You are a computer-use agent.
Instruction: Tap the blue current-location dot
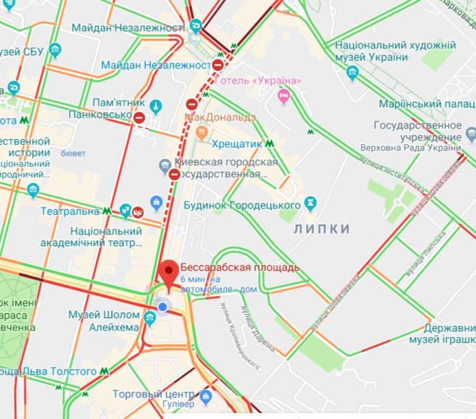coord(162,306)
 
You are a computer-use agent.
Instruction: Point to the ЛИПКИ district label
coord(321,229)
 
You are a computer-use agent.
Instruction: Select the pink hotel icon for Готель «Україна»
coord(284,97)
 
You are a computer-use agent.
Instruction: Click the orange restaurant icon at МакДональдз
coord(199,132)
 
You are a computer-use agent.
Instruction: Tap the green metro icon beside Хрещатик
coord(268,143)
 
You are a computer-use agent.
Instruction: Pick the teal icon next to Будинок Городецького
coord(310,201)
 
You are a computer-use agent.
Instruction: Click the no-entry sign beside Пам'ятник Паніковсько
coord(139,118)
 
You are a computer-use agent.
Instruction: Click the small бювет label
coord(73,153)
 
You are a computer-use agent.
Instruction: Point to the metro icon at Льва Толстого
coord(104,371)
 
